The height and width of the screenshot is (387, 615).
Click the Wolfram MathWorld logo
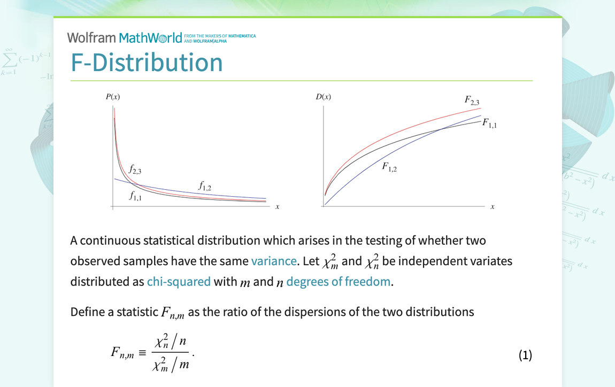[x=128, y=37]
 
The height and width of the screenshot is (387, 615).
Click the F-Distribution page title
[x=147, y=63]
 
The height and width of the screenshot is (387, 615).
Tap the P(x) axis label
[x=113, y=97]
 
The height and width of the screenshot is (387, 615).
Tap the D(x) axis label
[x=324, y=97]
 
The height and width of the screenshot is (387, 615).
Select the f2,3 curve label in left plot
[x=135, y=171]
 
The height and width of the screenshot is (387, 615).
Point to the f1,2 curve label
[x=205, y=186]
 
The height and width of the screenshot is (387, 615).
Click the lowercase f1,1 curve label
[x=135, y=196]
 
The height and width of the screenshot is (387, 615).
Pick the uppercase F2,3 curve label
[x=472, y=100]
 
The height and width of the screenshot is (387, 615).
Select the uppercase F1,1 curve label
[x=489, y=123]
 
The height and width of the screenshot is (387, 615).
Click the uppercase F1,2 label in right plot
[x=389, y=167]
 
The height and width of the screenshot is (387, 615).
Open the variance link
[x=273, y=261]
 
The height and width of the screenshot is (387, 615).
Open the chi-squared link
[x=179, y=281]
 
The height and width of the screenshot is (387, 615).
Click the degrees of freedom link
[x=338, y=281]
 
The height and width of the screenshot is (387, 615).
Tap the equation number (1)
[x=525, y=355]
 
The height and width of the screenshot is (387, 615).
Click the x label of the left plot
[x=277, y=207]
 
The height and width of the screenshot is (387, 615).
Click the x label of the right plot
[x=493, y=207]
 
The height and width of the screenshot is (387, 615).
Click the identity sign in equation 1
[x=142, y=353]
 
